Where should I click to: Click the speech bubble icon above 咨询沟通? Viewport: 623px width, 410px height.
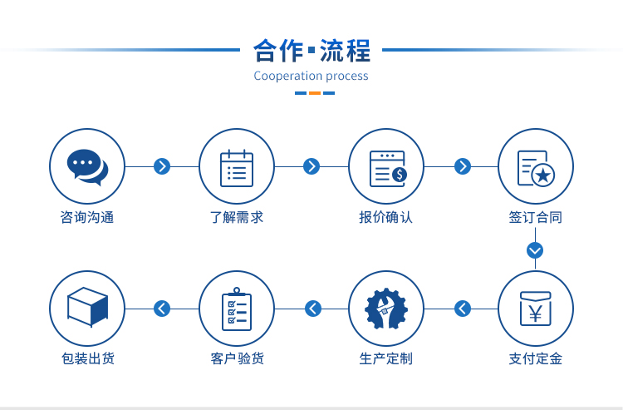tap(87, 167)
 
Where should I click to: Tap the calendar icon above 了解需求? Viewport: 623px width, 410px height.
tap(237, 168)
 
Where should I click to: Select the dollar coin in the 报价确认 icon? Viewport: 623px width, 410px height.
tap(400, 174)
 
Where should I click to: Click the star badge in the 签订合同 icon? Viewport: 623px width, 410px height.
tap(543, 175)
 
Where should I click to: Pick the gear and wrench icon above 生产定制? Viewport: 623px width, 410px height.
tap(386, 309)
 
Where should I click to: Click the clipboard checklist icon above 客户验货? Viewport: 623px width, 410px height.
tap(237, 309)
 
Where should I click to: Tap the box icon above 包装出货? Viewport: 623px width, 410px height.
tap(87, 307)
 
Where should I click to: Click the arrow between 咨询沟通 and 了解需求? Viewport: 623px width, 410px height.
tap(162, 166)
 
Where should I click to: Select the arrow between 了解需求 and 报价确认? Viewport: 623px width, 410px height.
tap(311, 166)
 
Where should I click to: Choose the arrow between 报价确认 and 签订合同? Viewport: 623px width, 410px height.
tap(463, 166)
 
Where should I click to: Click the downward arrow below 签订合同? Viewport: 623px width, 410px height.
tap(535, 250)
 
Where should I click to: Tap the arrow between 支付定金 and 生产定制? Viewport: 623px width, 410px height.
tap(463, 309)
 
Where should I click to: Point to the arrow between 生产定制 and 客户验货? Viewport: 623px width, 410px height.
tap(313, 309)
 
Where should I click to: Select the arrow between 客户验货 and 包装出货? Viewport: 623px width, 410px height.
tap(162, 309)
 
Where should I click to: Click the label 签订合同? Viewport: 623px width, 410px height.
tap(535, 217)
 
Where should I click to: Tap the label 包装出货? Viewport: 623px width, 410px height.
tap(88, 358)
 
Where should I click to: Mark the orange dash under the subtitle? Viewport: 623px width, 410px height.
tap(315, 93)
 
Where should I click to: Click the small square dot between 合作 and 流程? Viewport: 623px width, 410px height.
tap(311, 50)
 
